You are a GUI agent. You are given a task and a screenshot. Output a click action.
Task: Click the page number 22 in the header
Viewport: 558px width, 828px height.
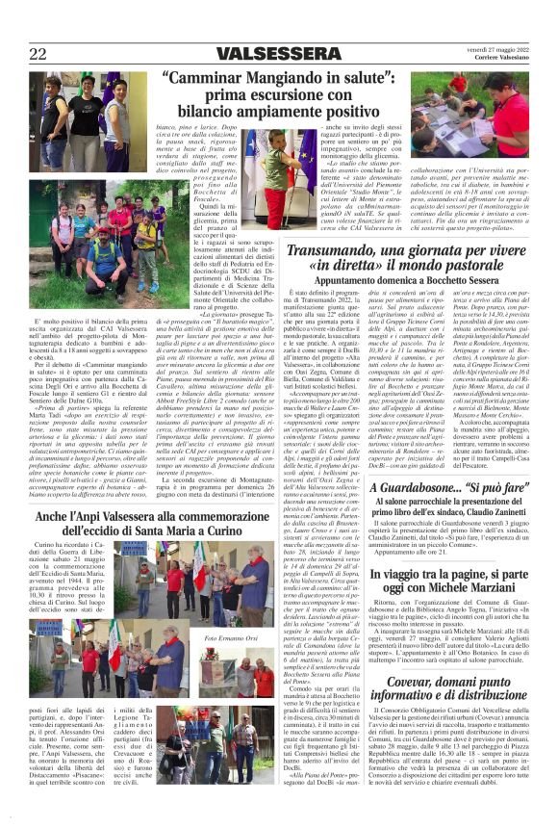coord(39,53)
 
